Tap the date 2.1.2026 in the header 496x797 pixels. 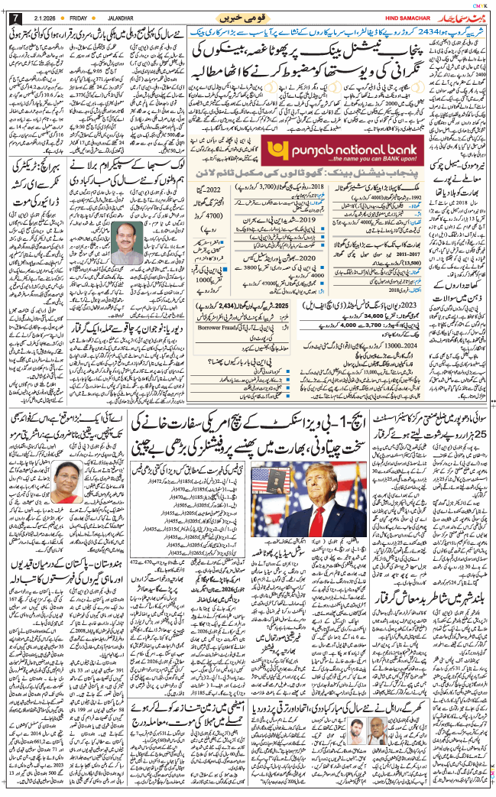[x=44, y=17]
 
